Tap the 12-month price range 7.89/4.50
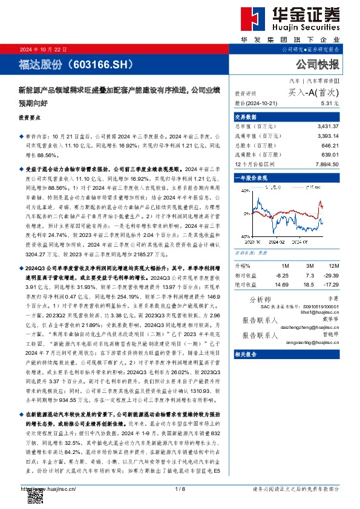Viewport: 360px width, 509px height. click(327, 164)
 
